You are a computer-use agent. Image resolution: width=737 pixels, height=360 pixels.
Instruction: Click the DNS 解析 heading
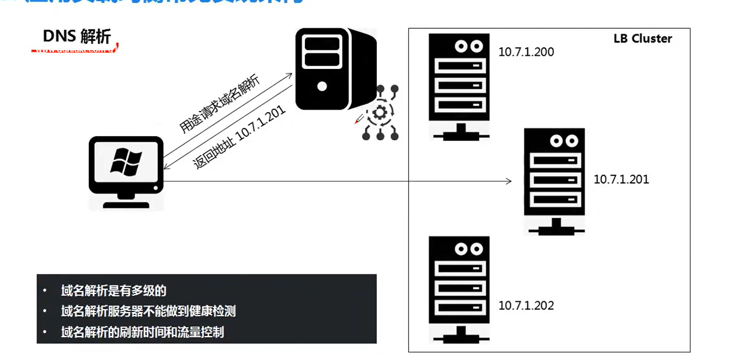[77, 36]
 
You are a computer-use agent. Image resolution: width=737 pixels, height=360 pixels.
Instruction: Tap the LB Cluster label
[642, 38]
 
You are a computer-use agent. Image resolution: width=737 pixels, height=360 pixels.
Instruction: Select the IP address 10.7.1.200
[526, 52]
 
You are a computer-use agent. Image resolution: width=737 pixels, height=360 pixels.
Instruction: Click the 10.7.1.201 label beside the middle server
[621, 179]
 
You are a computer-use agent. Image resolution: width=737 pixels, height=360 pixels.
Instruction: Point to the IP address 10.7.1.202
[526, 305]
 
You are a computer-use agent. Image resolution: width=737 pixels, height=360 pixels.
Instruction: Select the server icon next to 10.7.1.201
[554, 180]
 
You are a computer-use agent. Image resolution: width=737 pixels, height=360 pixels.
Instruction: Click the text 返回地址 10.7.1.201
[239, 139]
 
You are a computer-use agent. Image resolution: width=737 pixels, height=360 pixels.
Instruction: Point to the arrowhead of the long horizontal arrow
[509, 181]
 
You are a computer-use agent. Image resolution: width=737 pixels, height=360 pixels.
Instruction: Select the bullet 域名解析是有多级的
[113, 292]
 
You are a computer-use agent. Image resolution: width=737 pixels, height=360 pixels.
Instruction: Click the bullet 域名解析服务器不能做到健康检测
[148, 311]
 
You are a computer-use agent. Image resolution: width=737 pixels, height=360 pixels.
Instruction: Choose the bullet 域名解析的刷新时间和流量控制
[142, 332]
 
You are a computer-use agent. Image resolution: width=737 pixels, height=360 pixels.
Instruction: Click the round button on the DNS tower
[322, 86]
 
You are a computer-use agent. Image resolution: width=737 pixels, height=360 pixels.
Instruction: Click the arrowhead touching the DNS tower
[289, 75]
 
